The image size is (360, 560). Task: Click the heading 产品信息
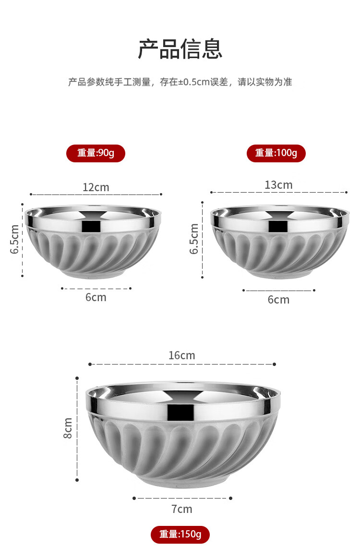[x=180, y=49]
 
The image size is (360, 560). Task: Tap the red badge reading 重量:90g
[x=96, y=153]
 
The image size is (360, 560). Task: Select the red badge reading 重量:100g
[x=276, y=153]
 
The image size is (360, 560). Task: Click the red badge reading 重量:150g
[x=180, y=534]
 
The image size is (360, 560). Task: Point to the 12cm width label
[x=96, y=187]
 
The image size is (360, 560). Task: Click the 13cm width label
[x=279, y=185]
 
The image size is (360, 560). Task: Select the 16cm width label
[x=182, y=355]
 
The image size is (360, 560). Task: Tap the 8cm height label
[x=67, y=428]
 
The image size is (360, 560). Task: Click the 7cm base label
[x=182, y=509]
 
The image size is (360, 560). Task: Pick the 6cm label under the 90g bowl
[x=96, y=297]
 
